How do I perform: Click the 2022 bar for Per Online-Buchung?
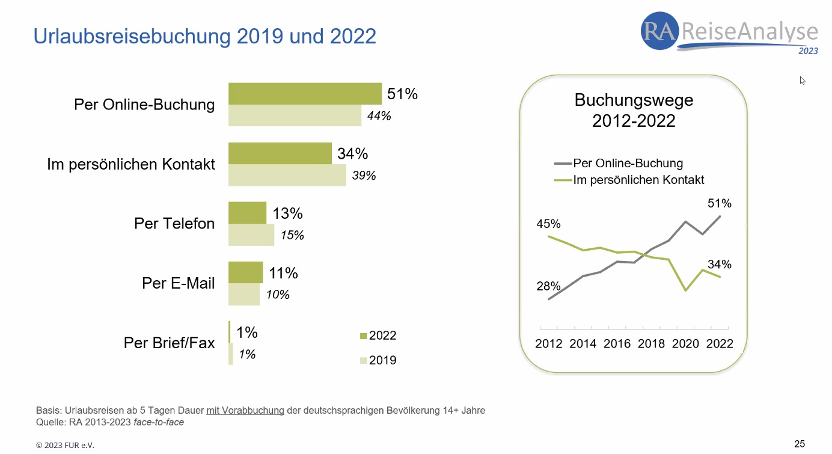(305, 94)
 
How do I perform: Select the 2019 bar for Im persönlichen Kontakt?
(287, 175)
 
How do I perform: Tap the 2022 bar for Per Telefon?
(247, 213)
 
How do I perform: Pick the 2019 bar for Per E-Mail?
(244, 294)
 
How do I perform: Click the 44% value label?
(379, 116)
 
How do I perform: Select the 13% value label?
(287, 213)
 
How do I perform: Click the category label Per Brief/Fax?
(169, 343)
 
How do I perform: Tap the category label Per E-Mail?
(178, 283)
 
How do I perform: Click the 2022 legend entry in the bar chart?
(378, 336)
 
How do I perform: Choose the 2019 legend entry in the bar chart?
(378, 361)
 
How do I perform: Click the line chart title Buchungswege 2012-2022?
(634, 110)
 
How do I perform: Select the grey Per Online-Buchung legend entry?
(619, 163)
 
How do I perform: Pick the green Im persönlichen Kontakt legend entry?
(629, 179)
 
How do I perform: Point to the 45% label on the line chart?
(548, 224)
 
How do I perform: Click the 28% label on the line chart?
(548, 286)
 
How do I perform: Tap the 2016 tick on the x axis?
(617, 343)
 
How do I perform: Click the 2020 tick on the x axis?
(685, 343)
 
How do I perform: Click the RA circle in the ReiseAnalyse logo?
(660, 31)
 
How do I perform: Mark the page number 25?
(800, 444)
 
